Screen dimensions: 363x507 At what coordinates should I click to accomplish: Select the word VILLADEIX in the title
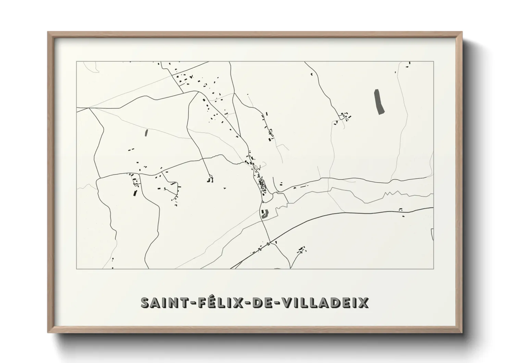tap(326, 303)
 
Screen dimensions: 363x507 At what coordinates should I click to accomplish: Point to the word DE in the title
tap(262, 303)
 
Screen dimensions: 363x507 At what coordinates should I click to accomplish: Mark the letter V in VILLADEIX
tap(287, 303)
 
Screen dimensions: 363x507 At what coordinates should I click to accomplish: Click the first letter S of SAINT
tap(146, 303)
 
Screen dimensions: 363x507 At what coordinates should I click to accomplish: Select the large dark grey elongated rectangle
tap(379, 102)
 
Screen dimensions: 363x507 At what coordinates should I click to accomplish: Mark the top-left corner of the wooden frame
tap(48, 32)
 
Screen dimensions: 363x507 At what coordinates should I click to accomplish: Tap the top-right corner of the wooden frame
tap(462, 32)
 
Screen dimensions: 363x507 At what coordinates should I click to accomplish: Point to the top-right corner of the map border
tap(434, 61)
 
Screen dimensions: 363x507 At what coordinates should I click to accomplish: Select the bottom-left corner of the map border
tap(76, 269)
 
